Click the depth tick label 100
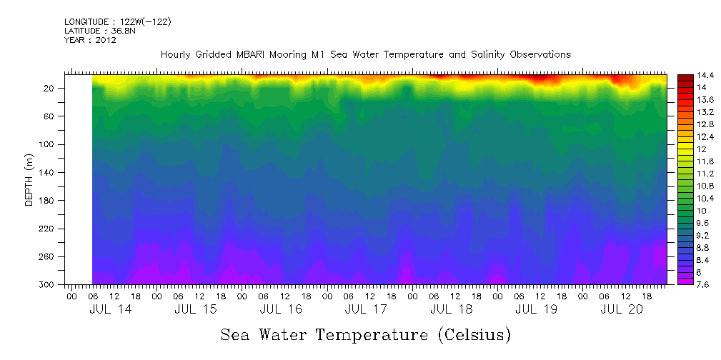click(x=50, y=144)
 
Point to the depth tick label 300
click(x=50, y=284)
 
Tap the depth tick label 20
click(x=52, y=88)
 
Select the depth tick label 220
click(x=50, y=229)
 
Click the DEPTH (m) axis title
click(x=29, y=179)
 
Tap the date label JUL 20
click(x=622, y=309)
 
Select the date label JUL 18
click(x=451, y=309)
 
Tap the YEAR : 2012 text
click(x=90, y=40)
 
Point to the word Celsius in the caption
click(x=471, y=334)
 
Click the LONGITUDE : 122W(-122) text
click(x=117, y=22)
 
